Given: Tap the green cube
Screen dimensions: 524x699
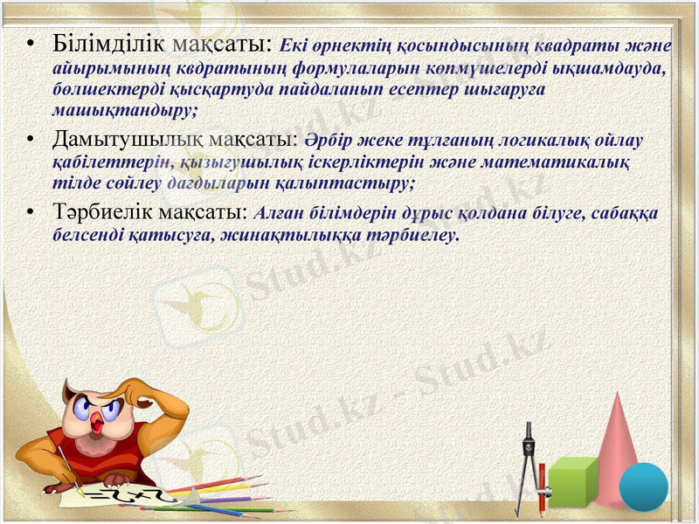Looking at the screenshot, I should [x=571, y=481].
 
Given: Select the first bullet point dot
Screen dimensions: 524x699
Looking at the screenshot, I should [x=31, y=44].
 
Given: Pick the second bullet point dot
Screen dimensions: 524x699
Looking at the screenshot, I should [x=31, y=140].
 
